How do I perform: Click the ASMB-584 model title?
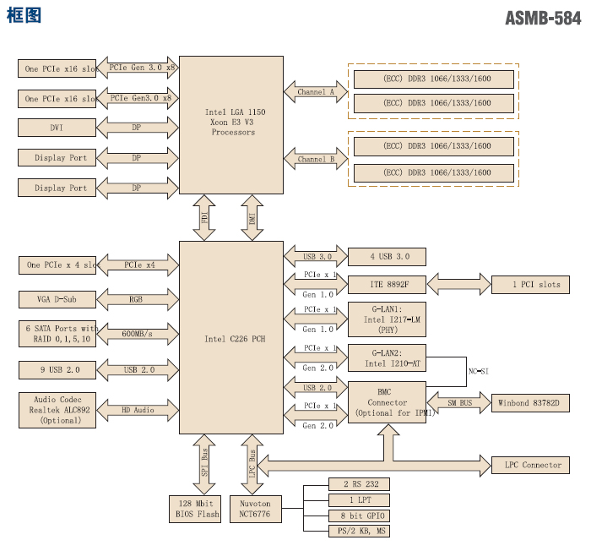pos(542,18)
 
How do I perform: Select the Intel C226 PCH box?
pos(231,338)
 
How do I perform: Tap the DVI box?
pos(57,128)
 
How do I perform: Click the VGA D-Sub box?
pos(57,299)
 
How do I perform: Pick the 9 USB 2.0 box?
pos(57,369)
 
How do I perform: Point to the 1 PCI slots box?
pos(530,284)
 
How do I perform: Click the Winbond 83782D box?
pos(534,404)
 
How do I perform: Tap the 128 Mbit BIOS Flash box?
pos(198,508)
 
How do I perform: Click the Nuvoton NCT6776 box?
pos(254,508)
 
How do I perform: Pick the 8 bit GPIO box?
pos(359,515)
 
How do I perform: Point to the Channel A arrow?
pos(316,91)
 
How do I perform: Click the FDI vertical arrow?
pos(205,217)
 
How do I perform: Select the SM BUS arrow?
pos(459,404)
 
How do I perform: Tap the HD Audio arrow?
pos(137,410)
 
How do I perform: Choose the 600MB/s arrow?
pos(137,334)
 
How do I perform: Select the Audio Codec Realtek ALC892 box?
pos(57,410)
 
